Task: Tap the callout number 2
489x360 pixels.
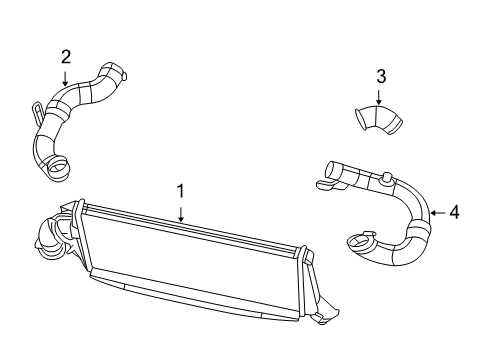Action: [66, 56]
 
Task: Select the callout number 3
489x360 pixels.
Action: [380, 75]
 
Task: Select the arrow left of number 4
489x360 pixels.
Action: [436, 212]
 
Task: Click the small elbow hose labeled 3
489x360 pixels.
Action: [378, 119]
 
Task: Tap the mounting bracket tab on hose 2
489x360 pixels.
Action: [38, 108]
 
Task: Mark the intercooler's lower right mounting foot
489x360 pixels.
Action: [321, 317]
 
